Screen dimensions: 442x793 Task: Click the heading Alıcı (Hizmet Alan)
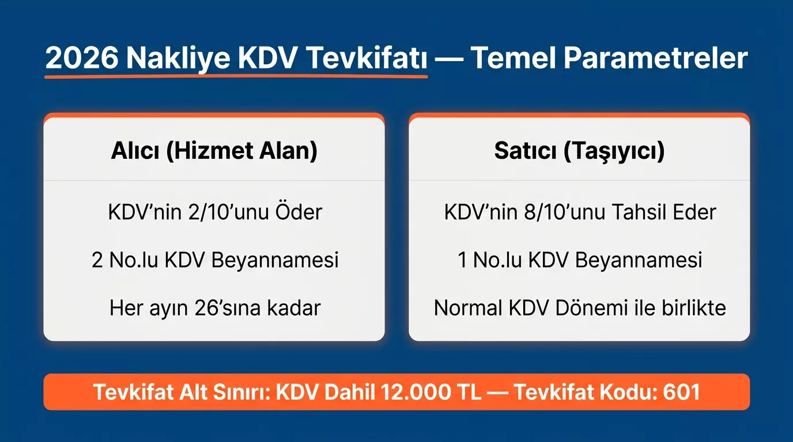[x=214, y=151]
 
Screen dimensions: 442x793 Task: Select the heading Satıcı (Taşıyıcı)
[x=579, y=151]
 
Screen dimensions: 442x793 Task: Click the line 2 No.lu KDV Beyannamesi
[x=215, y=260]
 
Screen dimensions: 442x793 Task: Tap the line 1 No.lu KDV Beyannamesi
[x=580, y=260]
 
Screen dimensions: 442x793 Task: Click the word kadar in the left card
[x=293, y=308]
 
